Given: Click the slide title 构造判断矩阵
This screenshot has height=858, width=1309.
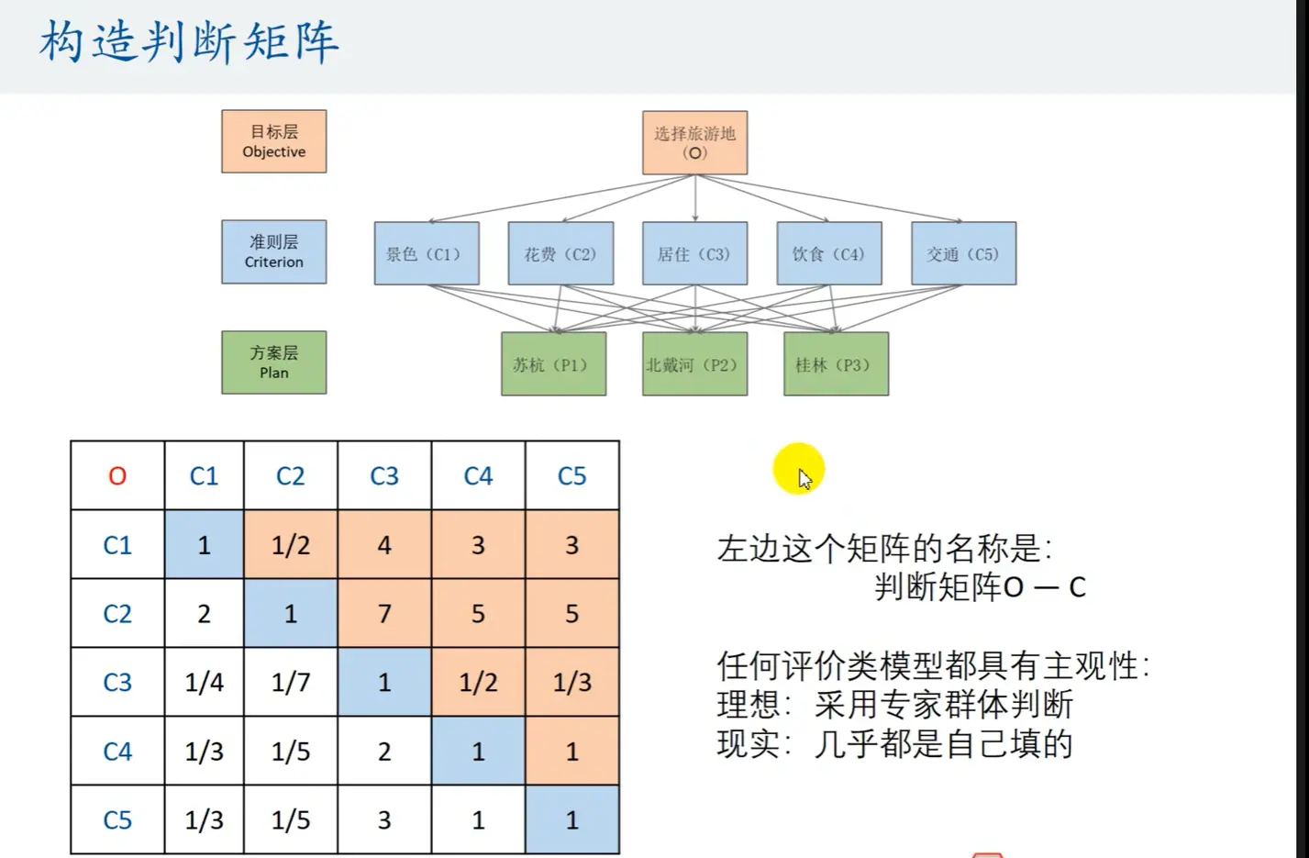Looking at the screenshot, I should click(x=189, y=42).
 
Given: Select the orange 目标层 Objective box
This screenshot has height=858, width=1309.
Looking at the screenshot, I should click(x=273, y=141).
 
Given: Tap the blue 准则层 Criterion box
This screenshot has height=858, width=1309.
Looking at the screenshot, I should click(x=273, y=251).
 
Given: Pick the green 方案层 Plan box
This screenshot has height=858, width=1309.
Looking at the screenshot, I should click(x=273, y=362).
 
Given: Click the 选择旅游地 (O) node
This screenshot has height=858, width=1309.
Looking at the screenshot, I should click(x=694, y=142).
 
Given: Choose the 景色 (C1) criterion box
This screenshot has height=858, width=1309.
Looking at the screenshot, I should click(x=426, y=253).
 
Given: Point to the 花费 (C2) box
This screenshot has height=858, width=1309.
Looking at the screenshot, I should click(x=560, y=253).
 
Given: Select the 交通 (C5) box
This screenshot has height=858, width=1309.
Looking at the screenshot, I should click(x=963, y=253).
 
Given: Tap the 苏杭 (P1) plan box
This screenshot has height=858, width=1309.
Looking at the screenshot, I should click(x=553, y=364).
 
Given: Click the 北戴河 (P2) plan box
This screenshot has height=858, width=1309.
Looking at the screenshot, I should click(x=694, y=364).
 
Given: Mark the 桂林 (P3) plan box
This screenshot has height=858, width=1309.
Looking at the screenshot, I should click(x=836, y=364).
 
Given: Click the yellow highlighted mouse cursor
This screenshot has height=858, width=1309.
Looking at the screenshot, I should click(x=799, y=471).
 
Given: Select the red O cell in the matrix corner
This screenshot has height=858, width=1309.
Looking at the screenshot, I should click(x=117, y=475).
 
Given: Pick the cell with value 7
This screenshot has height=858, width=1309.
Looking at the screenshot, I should click(x=384, y=613).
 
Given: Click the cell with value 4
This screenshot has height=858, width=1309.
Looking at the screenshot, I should click(x=384, y=544).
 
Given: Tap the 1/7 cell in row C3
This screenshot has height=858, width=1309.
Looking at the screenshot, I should click(x=291, y=682).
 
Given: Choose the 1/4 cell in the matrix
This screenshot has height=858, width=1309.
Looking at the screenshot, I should click(x=204, y=682).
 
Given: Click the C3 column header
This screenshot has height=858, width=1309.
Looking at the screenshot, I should click(x=384, y=475).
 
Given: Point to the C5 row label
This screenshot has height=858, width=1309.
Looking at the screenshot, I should click(x=117, y=819).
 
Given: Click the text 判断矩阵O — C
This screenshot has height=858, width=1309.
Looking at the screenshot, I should click(x=980, y=587).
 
